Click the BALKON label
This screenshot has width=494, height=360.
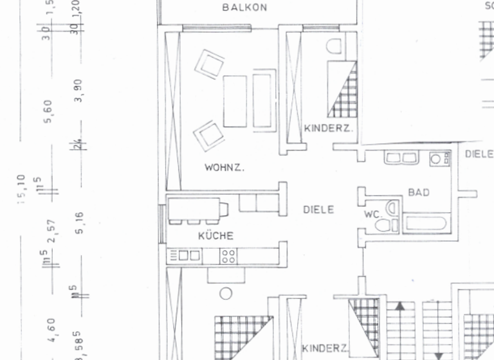(244, 8)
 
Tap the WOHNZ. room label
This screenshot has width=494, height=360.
(224, 168)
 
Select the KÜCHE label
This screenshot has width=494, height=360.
(215, 236)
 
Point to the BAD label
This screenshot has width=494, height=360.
(418, 192)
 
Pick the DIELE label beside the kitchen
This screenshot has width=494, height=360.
(319, 210)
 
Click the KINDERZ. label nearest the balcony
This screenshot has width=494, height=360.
(328, 129)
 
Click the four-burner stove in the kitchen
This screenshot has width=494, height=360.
(228, 256)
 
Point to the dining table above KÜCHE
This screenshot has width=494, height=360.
(197, 209)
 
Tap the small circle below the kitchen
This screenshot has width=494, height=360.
(225, 293)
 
